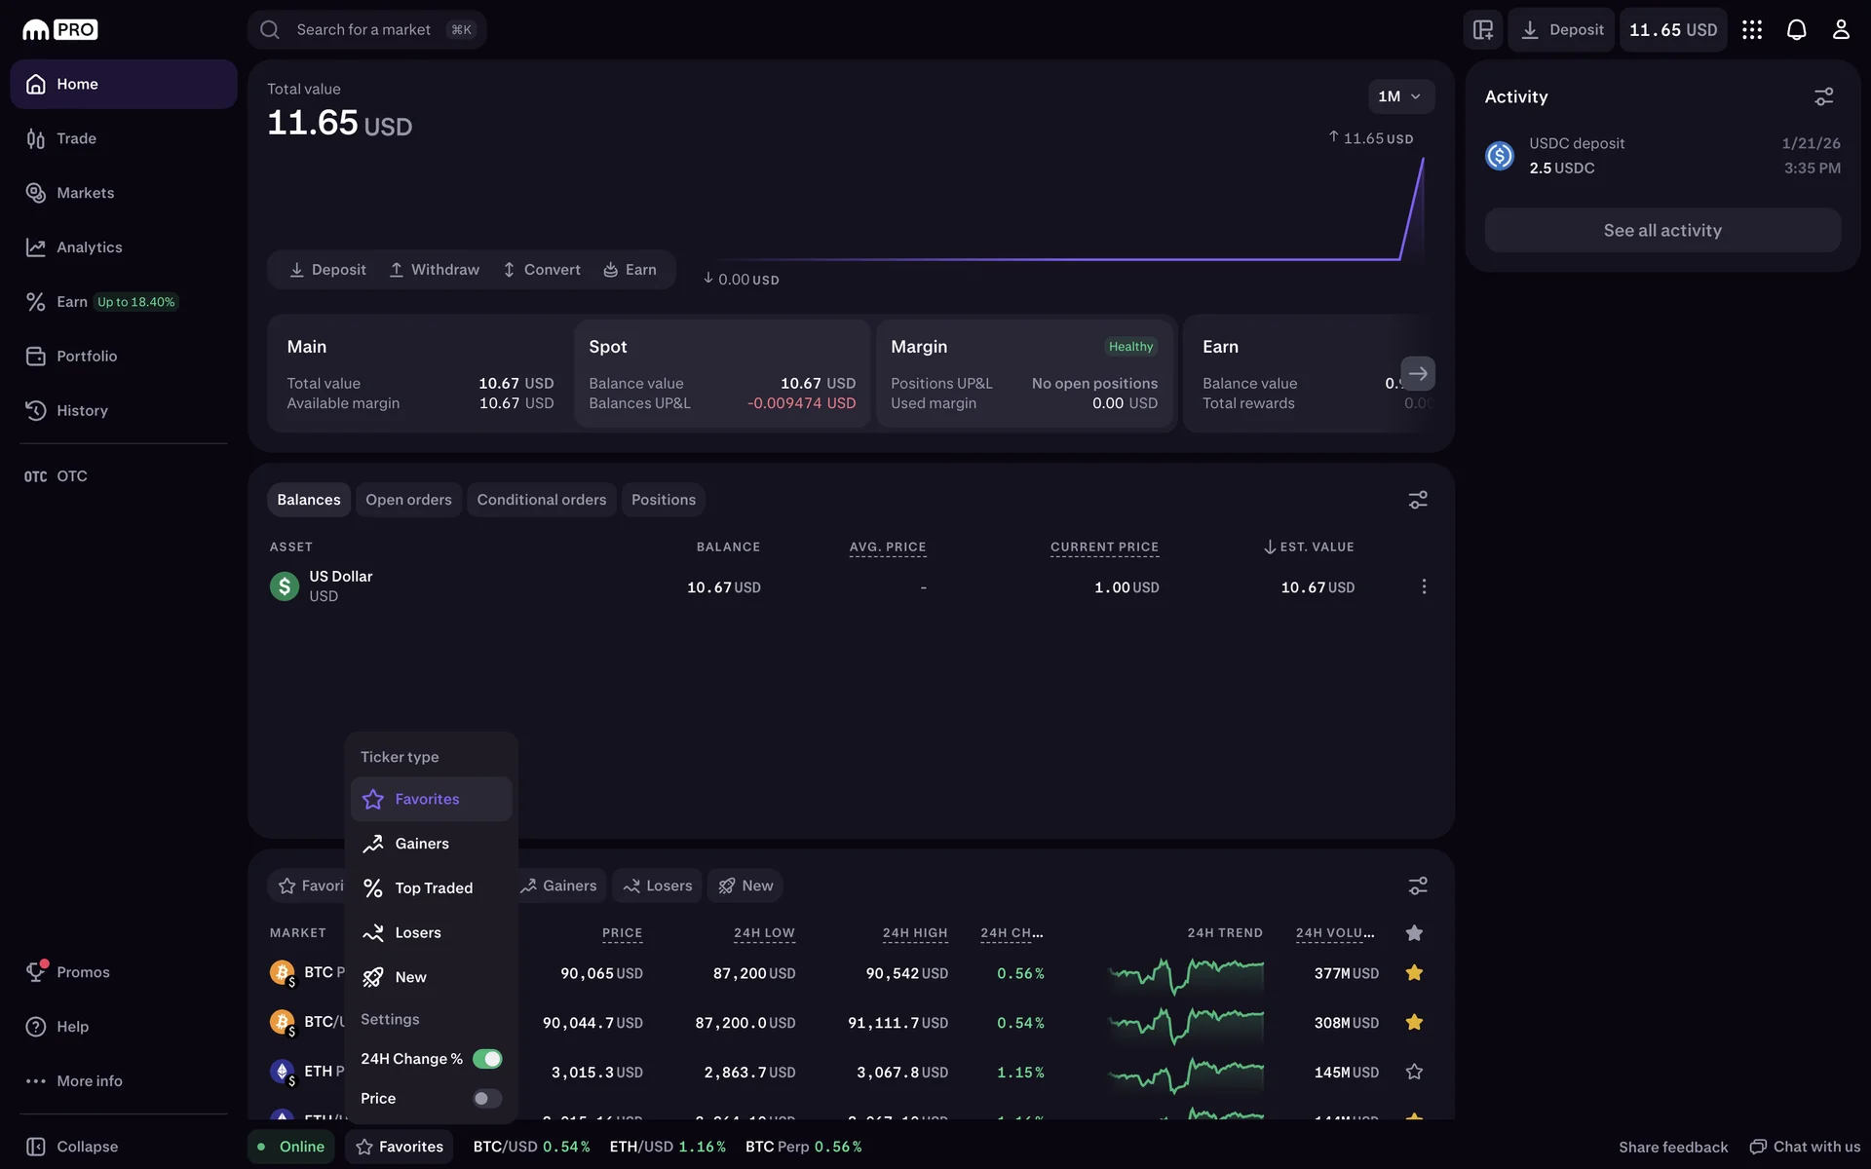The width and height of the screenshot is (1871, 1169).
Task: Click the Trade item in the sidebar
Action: (x=76, y=138)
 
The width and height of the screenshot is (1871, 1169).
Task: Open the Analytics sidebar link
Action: (x=89, y=247)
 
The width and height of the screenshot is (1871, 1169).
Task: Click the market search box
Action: (x=366, y=30)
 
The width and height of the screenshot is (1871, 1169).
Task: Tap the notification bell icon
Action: (x=1796, y=30)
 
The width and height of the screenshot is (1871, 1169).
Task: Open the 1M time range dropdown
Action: (x=1399, y=96)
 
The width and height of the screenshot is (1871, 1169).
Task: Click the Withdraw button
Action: (x=435, y=270)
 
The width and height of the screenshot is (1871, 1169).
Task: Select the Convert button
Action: (x=542, y=270)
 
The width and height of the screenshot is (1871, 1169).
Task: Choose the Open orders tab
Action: (x=408, y=500)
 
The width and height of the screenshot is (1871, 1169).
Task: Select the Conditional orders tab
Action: (x=541, y=500)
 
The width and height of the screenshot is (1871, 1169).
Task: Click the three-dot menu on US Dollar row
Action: (x=1424, y=586)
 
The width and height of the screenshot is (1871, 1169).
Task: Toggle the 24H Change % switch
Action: (x=487, y=1059)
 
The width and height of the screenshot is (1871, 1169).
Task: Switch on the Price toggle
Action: (x=487, y=1099)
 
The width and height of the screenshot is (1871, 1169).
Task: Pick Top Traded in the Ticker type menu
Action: (x=433, y=888)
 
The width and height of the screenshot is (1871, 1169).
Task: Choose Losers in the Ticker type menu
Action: (x=417, y=933)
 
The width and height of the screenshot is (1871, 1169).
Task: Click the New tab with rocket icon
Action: (x=745, y=886)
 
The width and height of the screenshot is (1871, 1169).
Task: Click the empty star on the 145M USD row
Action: (x=1414, y=1072)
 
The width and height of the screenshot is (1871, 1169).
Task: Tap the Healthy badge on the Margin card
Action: (x=1130, y=347)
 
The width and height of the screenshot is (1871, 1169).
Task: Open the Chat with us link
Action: (x=1805, y=1147)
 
